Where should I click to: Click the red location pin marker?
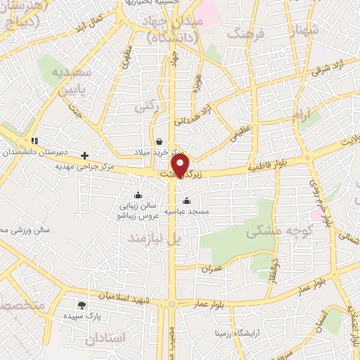click(181, 166)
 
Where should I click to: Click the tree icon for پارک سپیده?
click(82, 306)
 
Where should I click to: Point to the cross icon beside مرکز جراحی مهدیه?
click(85, 155)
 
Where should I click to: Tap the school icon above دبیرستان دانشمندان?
click(34, 141)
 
